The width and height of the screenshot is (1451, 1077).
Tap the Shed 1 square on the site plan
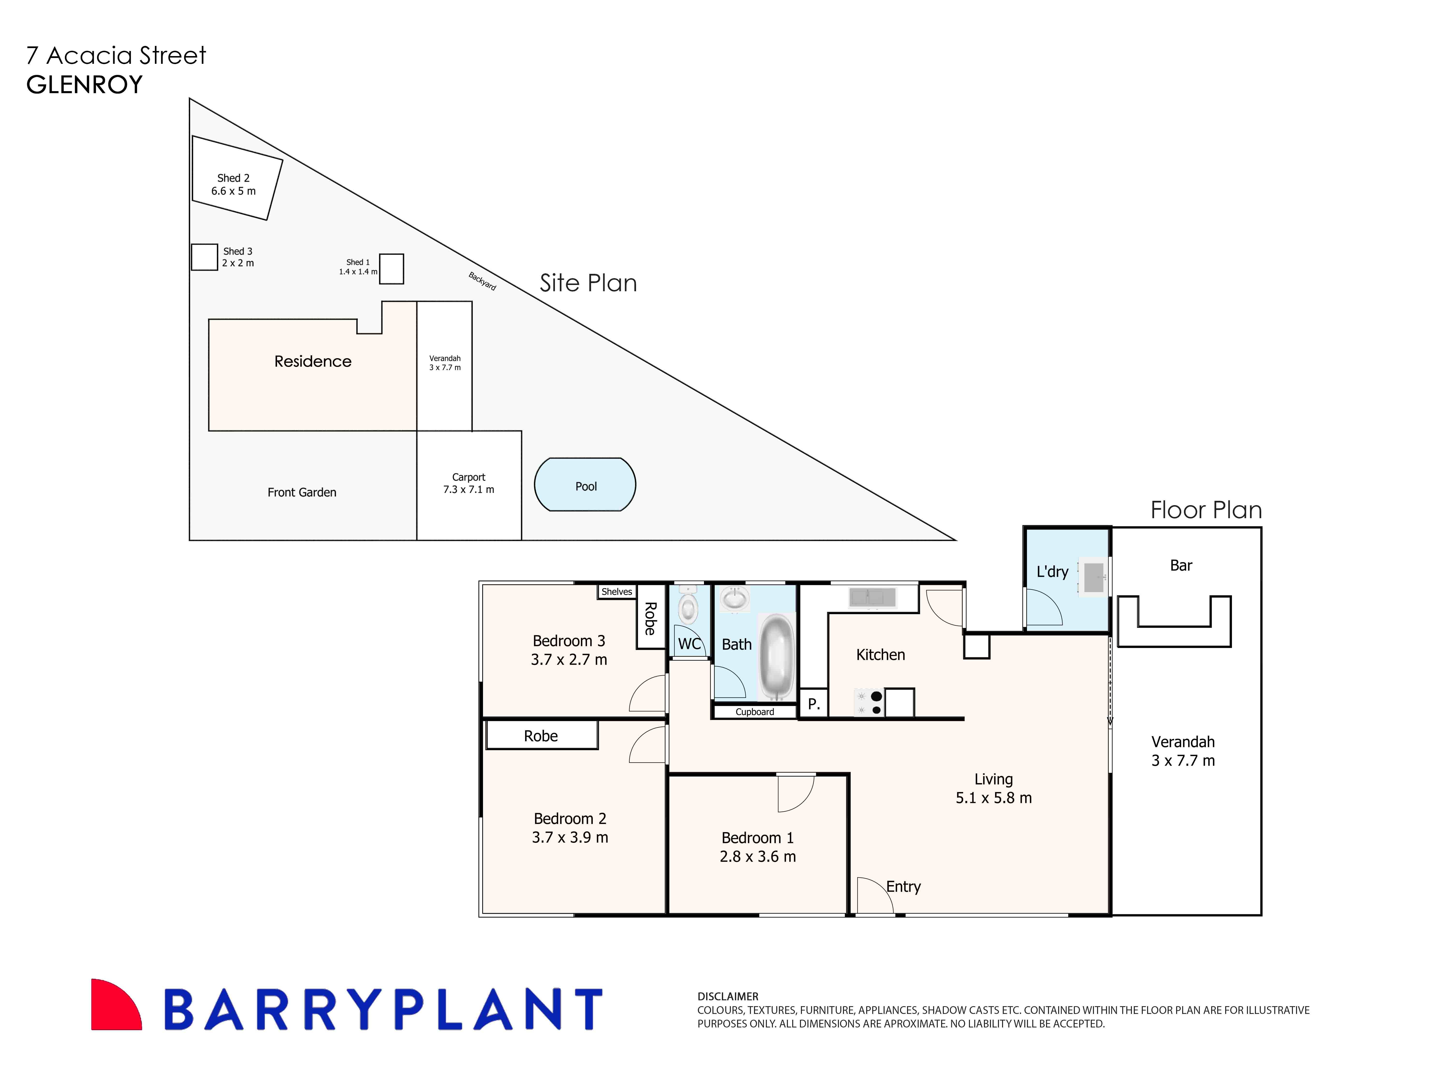[x=391, y=269]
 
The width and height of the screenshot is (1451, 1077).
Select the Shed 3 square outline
[x=204, y=257]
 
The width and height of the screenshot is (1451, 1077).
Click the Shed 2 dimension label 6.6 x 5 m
[x=234, y=191]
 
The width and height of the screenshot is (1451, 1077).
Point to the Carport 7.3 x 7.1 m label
[x=468, y=483]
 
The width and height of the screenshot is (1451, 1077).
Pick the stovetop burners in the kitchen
[x=869, y=703]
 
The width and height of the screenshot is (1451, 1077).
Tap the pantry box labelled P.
[x=813, y=703]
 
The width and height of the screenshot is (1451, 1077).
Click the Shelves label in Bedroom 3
[x=616, y=591]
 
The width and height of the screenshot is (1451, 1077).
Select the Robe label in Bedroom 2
[x=541, y=735]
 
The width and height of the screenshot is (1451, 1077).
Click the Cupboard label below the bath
[x=755, y=712]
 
